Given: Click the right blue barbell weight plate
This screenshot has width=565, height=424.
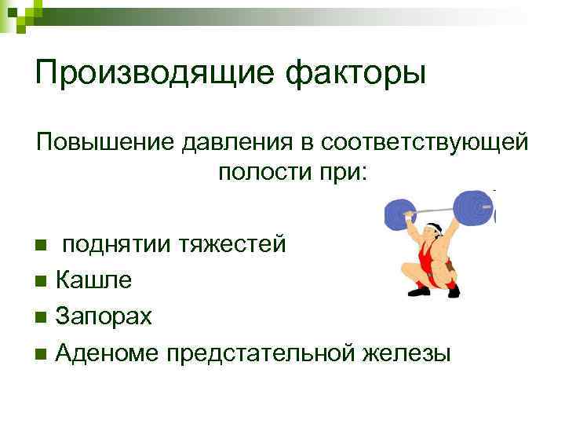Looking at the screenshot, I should pyautogui.click(x=475, y=207).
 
